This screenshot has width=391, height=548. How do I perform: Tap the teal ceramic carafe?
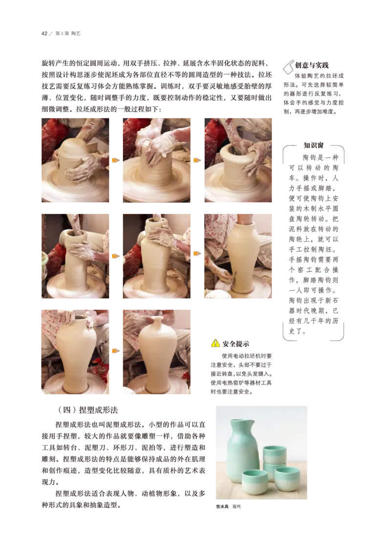point(243,449)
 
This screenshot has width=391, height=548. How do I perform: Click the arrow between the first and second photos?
point(115,160)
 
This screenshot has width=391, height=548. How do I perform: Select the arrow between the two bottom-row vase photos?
point(115,351)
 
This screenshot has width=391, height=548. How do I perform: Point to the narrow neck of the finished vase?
point(155,324)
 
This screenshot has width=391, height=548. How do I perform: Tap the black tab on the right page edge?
point(377,148)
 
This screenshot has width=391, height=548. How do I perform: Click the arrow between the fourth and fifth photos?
point(115,255)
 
